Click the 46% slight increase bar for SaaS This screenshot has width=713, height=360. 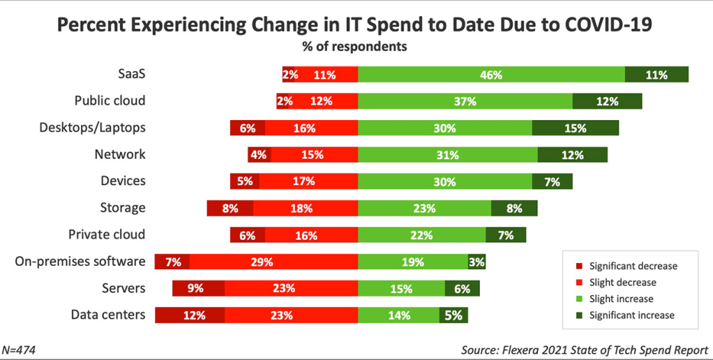coord(491,75)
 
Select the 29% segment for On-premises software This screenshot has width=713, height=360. coord(273,262)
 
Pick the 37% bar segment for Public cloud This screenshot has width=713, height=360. coord(465,101)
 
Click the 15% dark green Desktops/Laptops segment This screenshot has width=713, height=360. coord(575,128)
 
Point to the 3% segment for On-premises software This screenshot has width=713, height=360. coord(476,262)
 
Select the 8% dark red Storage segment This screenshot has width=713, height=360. coord(230,208)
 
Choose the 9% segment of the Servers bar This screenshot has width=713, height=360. coord(199,289)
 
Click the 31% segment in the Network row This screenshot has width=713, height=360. coord(447,155)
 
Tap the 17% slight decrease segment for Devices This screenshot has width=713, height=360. coord(308,181)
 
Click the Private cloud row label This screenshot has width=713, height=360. coord(107,234)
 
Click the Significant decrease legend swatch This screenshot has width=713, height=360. coord(578,267)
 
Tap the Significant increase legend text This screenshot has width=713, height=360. coord(631,315)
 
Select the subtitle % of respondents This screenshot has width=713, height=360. coord(356,47)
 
